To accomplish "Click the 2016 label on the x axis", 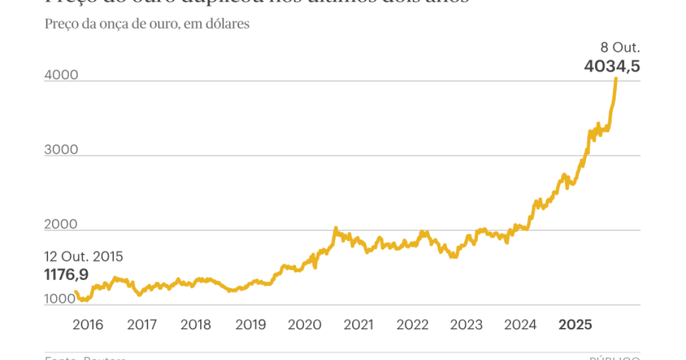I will tap(88, 325).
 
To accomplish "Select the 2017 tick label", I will tap(142, 325).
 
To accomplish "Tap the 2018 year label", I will tap(196, 325).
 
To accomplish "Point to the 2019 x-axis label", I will tap(250, 325).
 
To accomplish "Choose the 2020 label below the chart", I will tap(304, 325).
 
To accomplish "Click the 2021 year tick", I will tap(358, 325).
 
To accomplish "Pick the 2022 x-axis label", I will tap(412, 325).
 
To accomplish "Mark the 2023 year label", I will tap(466, 325).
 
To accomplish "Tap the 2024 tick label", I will tap(520, 325).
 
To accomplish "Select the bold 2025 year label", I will tap(575, 325).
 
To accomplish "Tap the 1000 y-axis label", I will tap(59, 299).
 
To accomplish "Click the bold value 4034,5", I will tap(612, 66).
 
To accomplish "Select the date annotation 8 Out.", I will tap(620, 47).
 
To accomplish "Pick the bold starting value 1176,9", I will tap(66, 275).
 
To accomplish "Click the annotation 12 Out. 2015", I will tap(83, 257).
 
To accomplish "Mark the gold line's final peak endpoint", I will tap(616, 78).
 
